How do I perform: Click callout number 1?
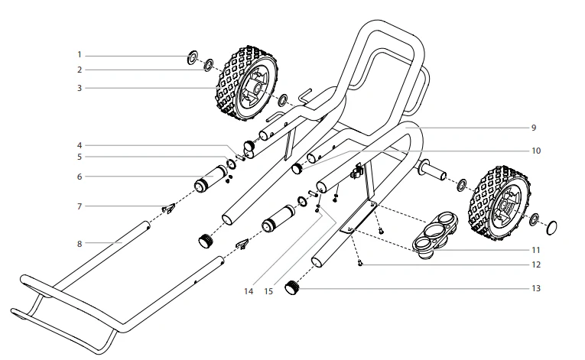click(79, 55)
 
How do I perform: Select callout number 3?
click(79, 88)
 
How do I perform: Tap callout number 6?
click(79, 177)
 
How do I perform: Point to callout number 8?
click(79, 243)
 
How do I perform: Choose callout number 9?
click(534, 126)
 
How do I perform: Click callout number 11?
click(536, 250)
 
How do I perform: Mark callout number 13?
click(536, 288)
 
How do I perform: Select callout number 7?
click(79, 206)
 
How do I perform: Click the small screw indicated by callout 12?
click(360, 263)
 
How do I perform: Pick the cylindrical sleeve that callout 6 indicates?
click(206, 184)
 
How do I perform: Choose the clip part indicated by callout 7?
click(167, 207)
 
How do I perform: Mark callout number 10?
click(535, 151)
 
